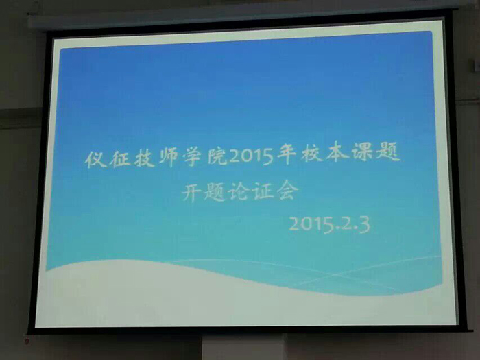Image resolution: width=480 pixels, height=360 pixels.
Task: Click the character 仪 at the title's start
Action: (x=96, y=159)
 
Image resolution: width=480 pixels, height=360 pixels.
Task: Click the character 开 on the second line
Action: (x=192, y=193)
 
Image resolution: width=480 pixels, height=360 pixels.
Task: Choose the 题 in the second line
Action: (x=215, y=192)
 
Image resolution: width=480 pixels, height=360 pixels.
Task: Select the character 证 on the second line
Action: (x=263, y=191)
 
